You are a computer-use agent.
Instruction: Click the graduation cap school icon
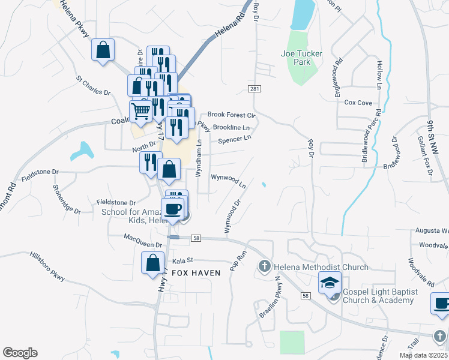(x=329, y=283)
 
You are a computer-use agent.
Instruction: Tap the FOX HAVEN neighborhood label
(x=196, y=273)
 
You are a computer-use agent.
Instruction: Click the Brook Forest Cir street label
(x=232, y=115)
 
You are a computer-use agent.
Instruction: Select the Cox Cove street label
(x=358, y=103)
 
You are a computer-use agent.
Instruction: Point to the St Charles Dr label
(x=93, y=85)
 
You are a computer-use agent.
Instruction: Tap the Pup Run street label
(x=238, y=260)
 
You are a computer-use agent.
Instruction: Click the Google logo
(x=20, y=353)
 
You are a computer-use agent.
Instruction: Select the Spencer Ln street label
(x=234, y=140)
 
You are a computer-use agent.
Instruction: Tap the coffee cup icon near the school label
(x=172, y=209)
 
